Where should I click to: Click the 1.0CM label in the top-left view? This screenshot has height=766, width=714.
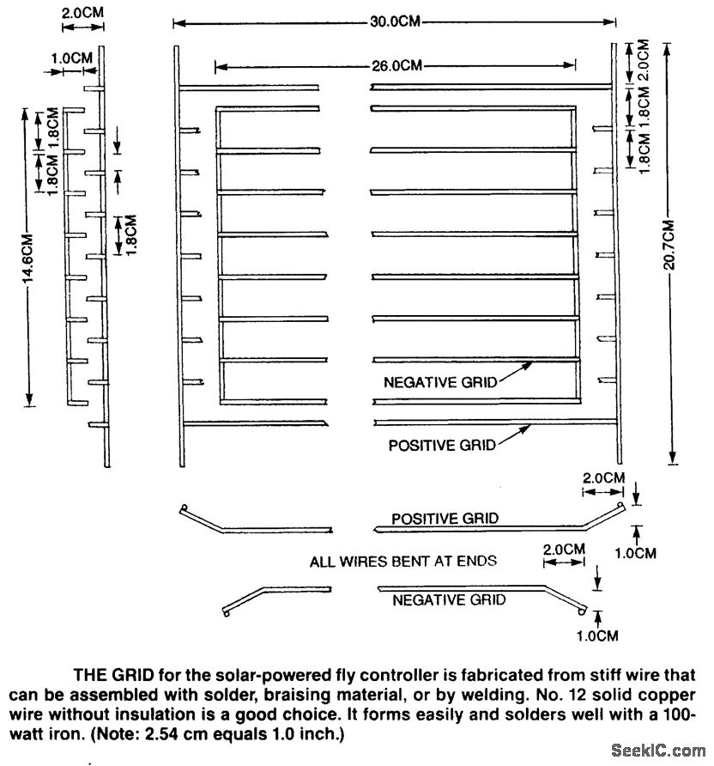71,58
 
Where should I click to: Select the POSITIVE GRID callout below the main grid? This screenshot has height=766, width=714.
442,445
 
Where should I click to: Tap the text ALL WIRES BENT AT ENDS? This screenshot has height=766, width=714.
403,562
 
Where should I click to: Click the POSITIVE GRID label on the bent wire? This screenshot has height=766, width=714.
445,519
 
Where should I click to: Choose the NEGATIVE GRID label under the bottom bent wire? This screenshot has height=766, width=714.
449,600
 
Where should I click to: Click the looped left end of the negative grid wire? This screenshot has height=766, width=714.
226,612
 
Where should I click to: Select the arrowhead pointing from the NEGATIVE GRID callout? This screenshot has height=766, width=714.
533,364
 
